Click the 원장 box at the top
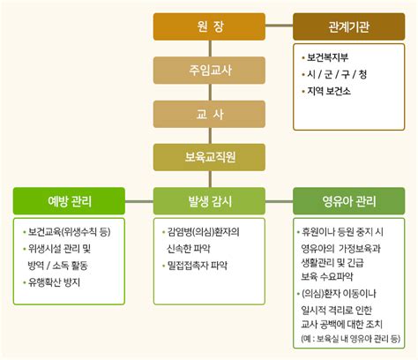coord(209,27)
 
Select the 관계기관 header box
coord(348,27)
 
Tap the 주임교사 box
coord(209,71)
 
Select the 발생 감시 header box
coord(209,200)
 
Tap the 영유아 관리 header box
coord(348,200)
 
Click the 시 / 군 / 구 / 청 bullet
coord(335,73)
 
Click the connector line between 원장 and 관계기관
coord(280,27)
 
